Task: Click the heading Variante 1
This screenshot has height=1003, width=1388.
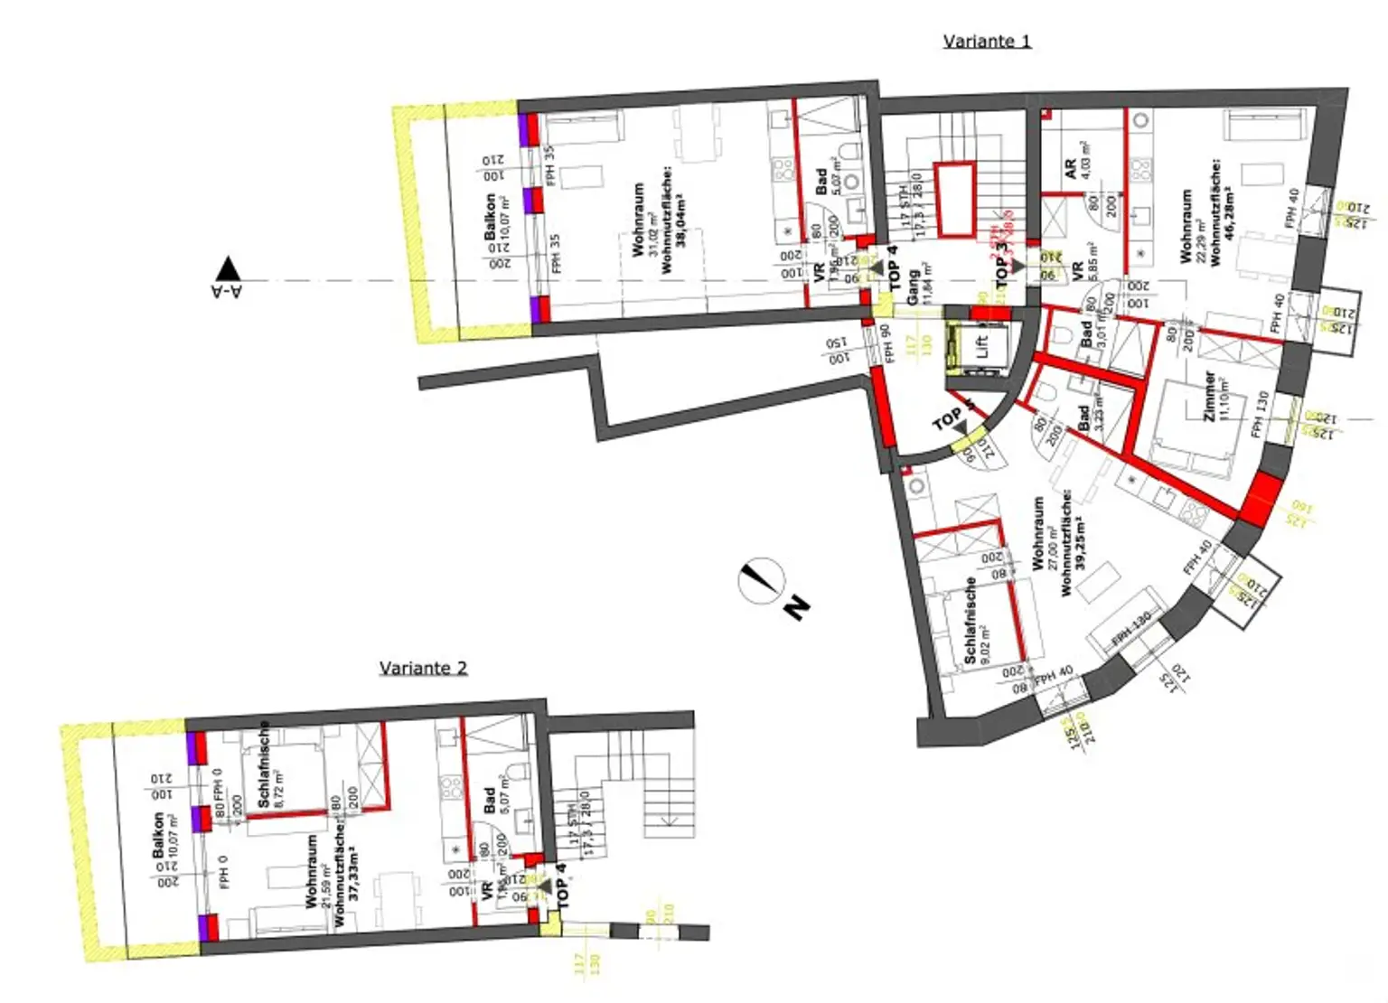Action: [x=986, y=41]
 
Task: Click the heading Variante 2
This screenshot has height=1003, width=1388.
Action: [x=423, y=668]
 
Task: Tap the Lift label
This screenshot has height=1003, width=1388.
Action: [x=982, y=345]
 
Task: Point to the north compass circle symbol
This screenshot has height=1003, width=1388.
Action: [x=760, y=580]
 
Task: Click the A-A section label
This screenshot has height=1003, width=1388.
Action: [x=227, y=291]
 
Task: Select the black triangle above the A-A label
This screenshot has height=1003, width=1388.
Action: [x=228, y=268]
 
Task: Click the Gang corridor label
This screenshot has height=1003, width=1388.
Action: [x=914, y=286]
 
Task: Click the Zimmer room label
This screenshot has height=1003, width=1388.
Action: [x=1210, y=396]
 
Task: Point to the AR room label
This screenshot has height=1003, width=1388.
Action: [x=1071, y=169]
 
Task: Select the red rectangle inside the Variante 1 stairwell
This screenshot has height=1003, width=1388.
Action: [x=954, y=198]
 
